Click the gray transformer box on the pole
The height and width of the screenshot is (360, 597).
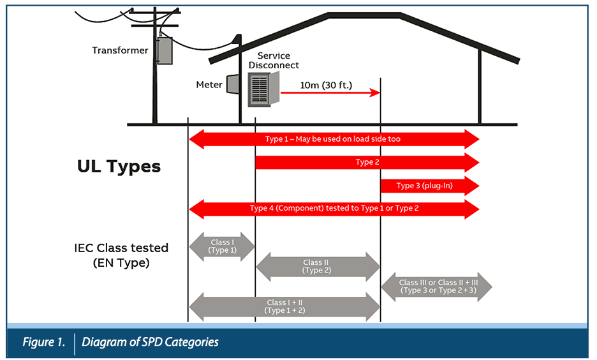[x=165, y=50]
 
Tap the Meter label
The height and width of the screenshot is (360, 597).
[x=209, y=85]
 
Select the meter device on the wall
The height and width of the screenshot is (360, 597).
[x=233, y=85]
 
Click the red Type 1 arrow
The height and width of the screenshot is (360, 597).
[x=333, y=139]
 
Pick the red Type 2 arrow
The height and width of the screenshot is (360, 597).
[x=367, y=163]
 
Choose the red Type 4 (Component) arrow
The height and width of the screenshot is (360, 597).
[x=334, y=209]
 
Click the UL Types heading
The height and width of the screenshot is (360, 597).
[x=119, y=167]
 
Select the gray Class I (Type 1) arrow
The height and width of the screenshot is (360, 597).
[x=222, y=246]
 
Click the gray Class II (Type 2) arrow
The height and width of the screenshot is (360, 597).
[x=318, y=266]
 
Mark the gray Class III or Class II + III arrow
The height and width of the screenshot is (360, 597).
[x=437, y=287]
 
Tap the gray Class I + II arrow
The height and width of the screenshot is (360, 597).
[x=284, y=306]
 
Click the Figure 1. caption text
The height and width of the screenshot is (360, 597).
[x=43, y=342]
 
